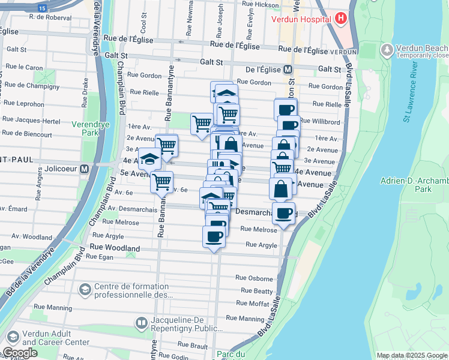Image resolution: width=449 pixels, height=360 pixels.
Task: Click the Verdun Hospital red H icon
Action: coord(342,18)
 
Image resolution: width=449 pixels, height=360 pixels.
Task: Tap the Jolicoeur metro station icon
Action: coord(85,169)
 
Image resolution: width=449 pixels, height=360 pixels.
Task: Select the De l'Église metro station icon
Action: coord(288,69)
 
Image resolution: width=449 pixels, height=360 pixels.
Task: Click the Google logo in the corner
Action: coord(19,353)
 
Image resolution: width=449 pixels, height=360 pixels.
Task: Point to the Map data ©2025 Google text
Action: coord(411,355)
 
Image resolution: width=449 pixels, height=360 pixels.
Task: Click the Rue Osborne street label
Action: coord(254,278)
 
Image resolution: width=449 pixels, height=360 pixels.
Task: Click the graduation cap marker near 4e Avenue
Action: coord(149,159)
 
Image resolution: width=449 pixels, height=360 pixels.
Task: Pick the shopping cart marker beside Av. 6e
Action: coord(161,181)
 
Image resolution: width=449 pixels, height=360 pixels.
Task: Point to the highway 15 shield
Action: coord(42,8)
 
